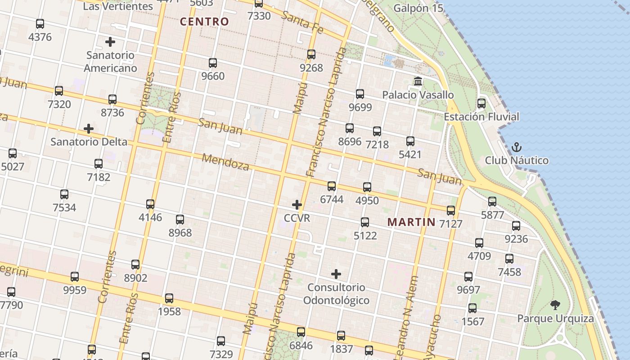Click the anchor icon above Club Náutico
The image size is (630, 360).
(x=517, y=147)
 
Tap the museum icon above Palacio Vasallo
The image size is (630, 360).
(x=418, y=82)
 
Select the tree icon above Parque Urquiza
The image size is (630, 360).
(x=555, y=305)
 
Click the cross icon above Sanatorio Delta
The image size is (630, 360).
(x=89, y=129)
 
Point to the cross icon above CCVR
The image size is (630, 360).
(x=297, y=205)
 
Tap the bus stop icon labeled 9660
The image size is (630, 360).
(x=213, y=63)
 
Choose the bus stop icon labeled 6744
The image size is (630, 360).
(x=332, y=186)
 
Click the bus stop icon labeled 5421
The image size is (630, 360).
(x=410, y=141)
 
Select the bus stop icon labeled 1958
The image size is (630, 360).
(x=169, y=298)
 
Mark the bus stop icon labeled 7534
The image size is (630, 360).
(x=64, y=194)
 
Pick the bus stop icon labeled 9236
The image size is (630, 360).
(x=516, y=226)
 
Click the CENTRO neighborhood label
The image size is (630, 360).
(x=204, y=22)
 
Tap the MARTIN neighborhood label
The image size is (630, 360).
(x=411, y=222)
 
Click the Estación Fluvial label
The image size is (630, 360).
(x=481, y=117)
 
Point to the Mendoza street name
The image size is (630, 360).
(x=225, y=162)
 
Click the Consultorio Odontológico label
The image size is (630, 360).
(x=336, y=294)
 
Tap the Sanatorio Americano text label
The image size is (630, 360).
(x=110, y=62)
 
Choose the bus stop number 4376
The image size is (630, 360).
(x=40, y=37)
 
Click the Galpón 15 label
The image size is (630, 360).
(x=418, y=8)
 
